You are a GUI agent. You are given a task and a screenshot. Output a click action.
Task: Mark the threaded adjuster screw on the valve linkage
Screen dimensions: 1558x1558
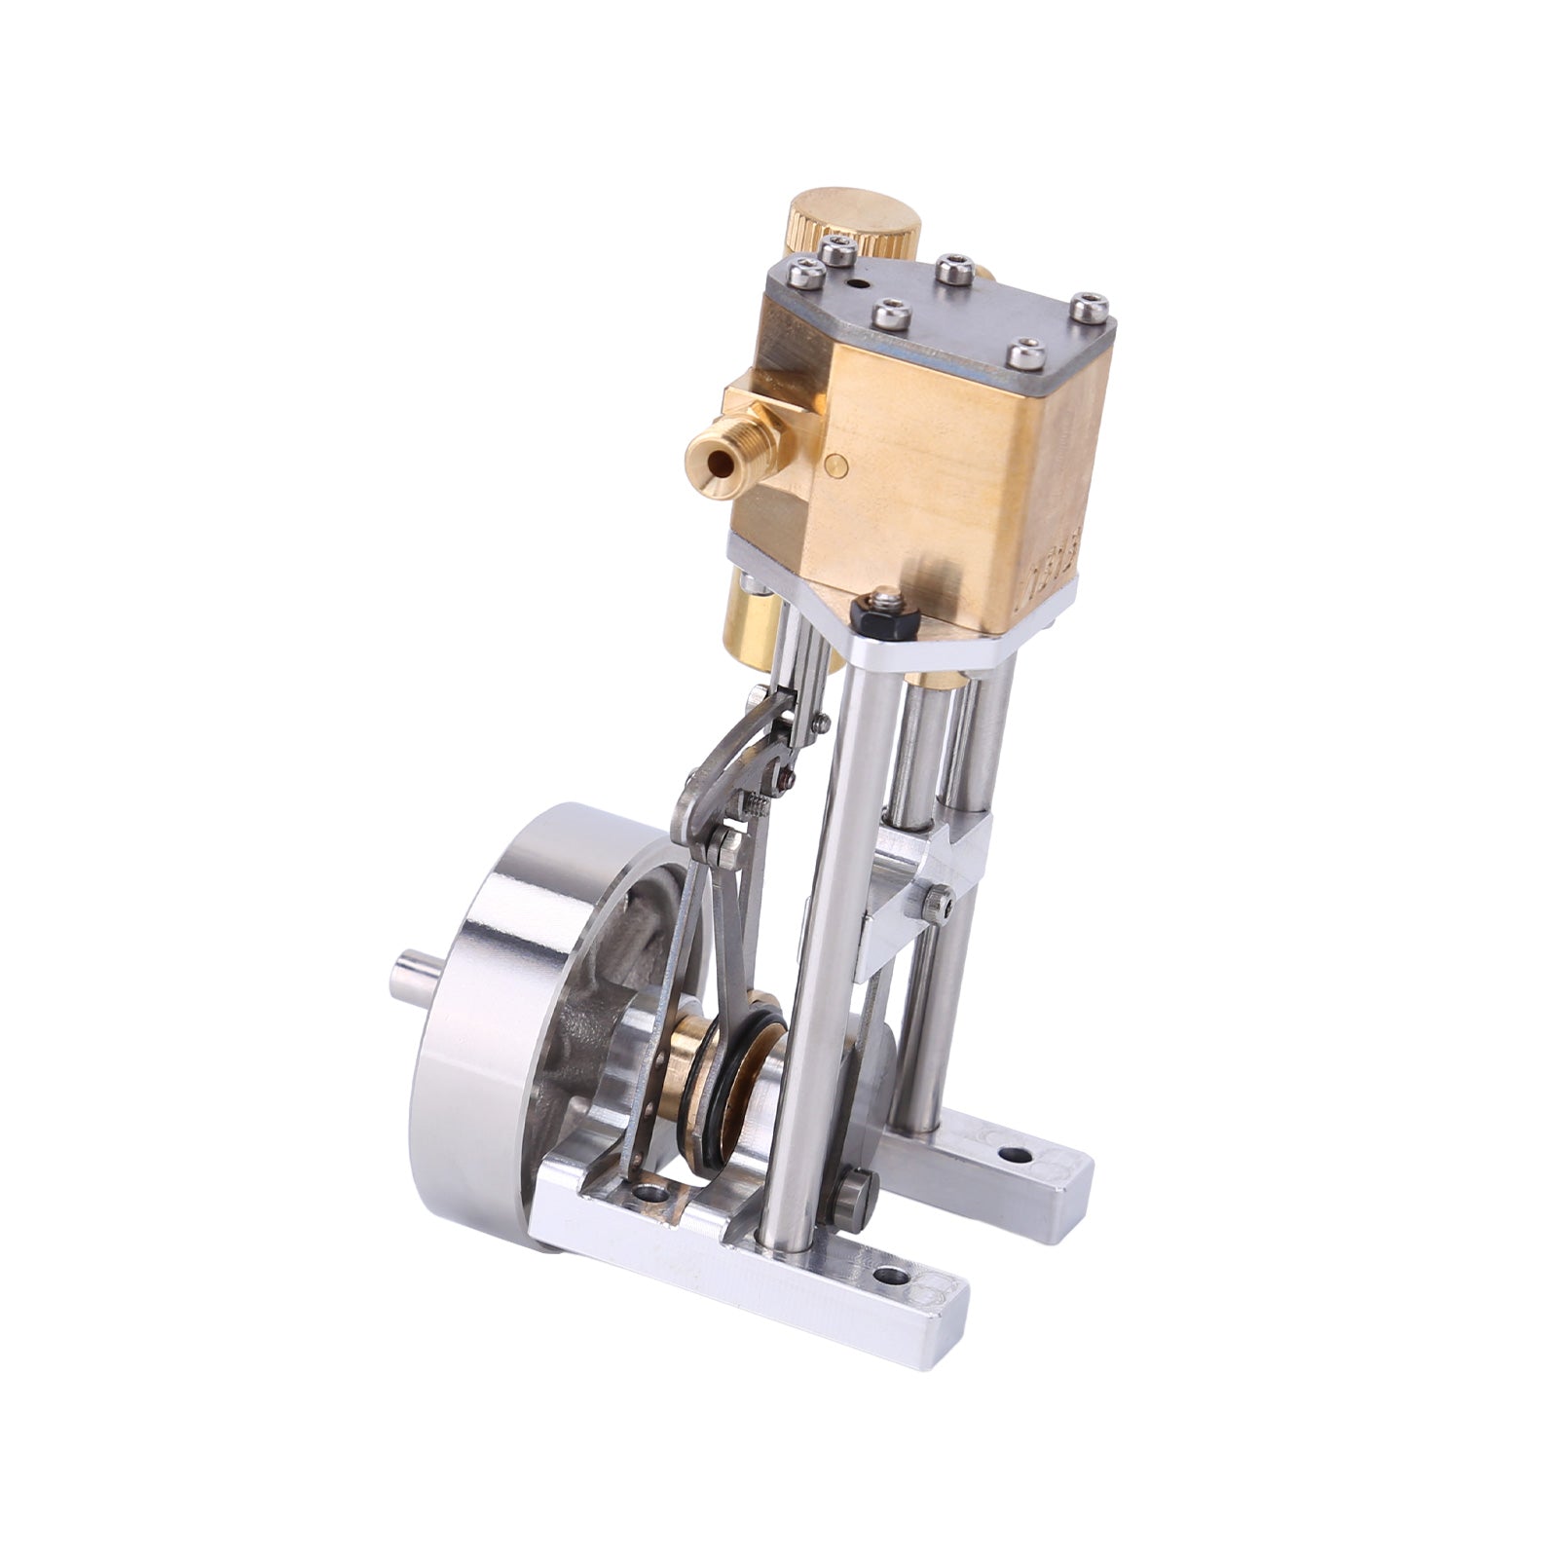(x=758, y=803)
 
